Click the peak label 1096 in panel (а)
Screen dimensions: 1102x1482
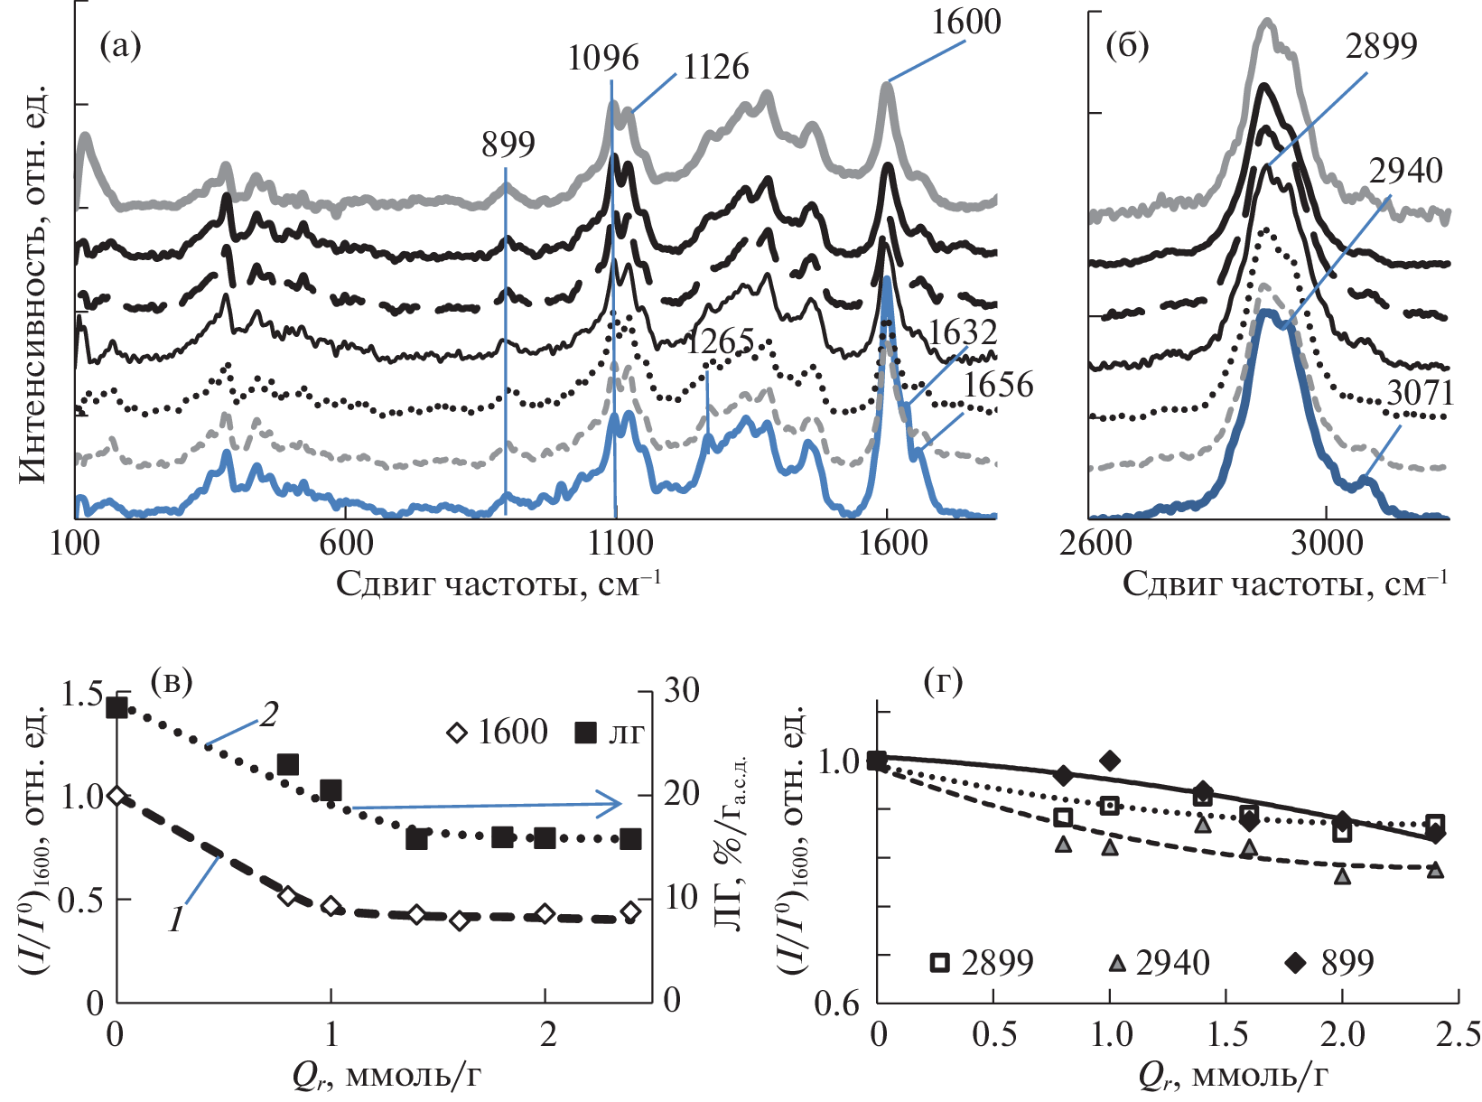603,59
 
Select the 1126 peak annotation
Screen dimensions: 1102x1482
716,68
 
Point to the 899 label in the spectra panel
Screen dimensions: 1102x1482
508,145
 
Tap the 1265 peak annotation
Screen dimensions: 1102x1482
720,342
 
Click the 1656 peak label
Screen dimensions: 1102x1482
998,386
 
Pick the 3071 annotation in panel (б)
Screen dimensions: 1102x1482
1421,394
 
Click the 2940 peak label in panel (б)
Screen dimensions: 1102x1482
1406,172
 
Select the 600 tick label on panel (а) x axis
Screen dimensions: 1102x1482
346,544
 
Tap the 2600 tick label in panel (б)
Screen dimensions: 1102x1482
1095,544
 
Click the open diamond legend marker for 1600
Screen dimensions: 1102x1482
457,733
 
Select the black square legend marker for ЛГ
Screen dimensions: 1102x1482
586,733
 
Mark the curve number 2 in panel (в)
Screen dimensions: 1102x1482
268,716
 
